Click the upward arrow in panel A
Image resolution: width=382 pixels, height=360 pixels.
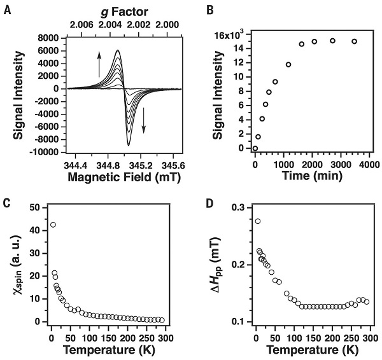tap(99, 65)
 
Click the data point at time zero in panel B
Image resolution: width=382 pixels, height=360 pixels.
tap(255, 148)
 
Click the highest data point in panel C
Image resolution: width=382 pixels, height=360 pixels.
tap(53, 225)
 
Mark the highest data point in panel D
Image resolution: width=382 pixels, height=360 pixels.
tap(258, 221)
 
